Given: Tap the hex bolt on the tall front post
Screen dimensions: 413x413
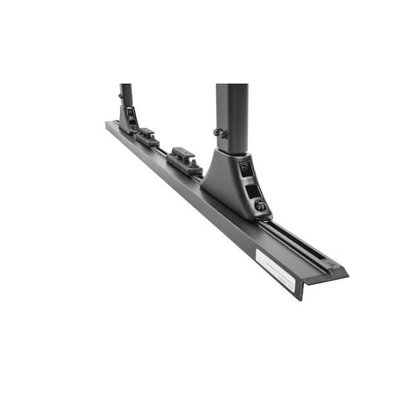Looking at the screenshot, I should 221,134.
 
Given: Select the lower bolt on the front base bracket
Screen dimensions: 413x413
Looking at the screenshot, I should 260,205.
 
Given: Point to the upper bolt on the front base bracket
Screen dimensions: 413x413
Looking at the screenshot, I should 245,168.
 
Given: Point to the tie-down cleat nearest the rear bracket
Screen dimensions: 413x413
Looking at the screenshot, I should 148,137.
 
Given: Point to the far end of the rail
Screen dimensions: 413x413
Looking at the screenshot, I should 108,123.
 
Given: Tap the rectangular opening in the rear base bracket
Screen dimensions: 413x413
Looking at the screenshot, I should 132,119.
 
